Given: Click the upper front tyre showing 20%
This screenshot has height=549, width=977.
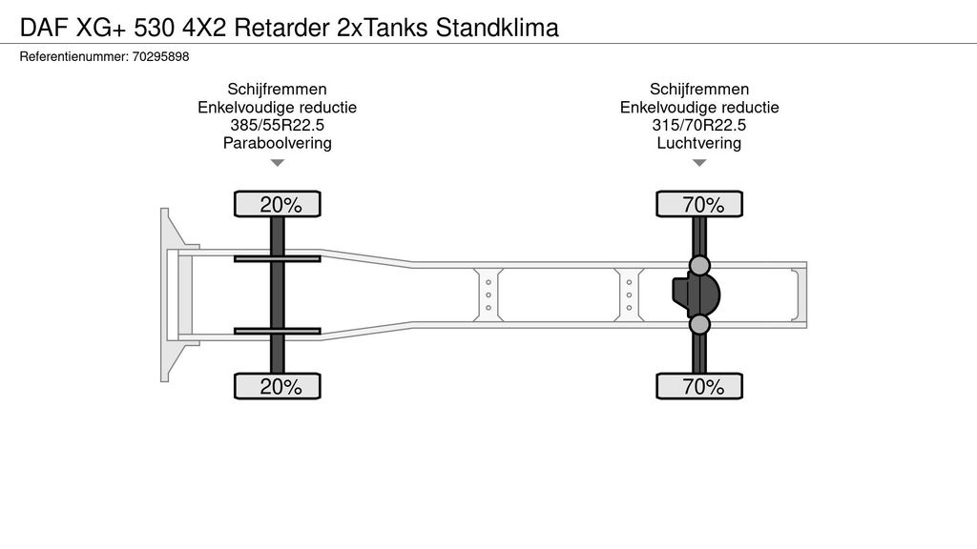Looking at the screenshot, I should click(278, 204).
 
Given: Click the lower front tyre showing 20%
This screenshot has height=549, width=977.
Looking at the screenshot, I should click(278, 386).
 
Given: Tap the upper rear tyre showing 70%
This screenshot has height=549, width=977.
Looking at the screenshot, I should click(699, 204).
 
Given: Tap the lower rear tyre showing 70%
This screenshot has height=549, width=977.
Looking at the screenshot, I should click(699, 386).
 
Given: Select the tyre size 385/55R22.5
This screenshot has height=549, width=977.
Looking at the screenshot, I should click(277, 126).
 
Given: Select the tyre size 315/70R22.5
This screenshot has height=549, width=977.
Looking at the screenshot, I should click(699, 126).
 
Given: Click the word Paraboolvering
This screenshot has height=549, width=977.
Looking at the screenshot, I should click(277, 144).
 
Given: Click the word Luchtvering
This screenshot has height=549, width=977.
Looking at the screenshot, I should click(699, 144).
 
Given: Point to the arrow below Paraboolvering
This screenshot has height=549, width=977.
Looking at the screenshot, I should click(278, 163).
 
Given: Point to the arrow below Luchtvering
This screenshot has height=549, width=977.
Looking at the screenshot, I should click(699, 163).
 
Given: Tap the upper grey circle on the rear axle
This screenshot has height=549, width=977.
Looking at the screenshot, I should click(699, 265).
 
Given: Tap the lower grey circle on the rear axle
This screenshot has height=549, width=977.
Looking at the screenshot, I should click(699, 325).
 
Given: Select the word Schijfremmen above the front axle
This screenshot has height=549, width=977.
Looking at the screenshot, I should click(277, 91).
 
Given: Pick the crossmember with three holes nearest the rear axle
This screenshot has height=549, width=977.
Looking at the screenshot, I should click(630, 295).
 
